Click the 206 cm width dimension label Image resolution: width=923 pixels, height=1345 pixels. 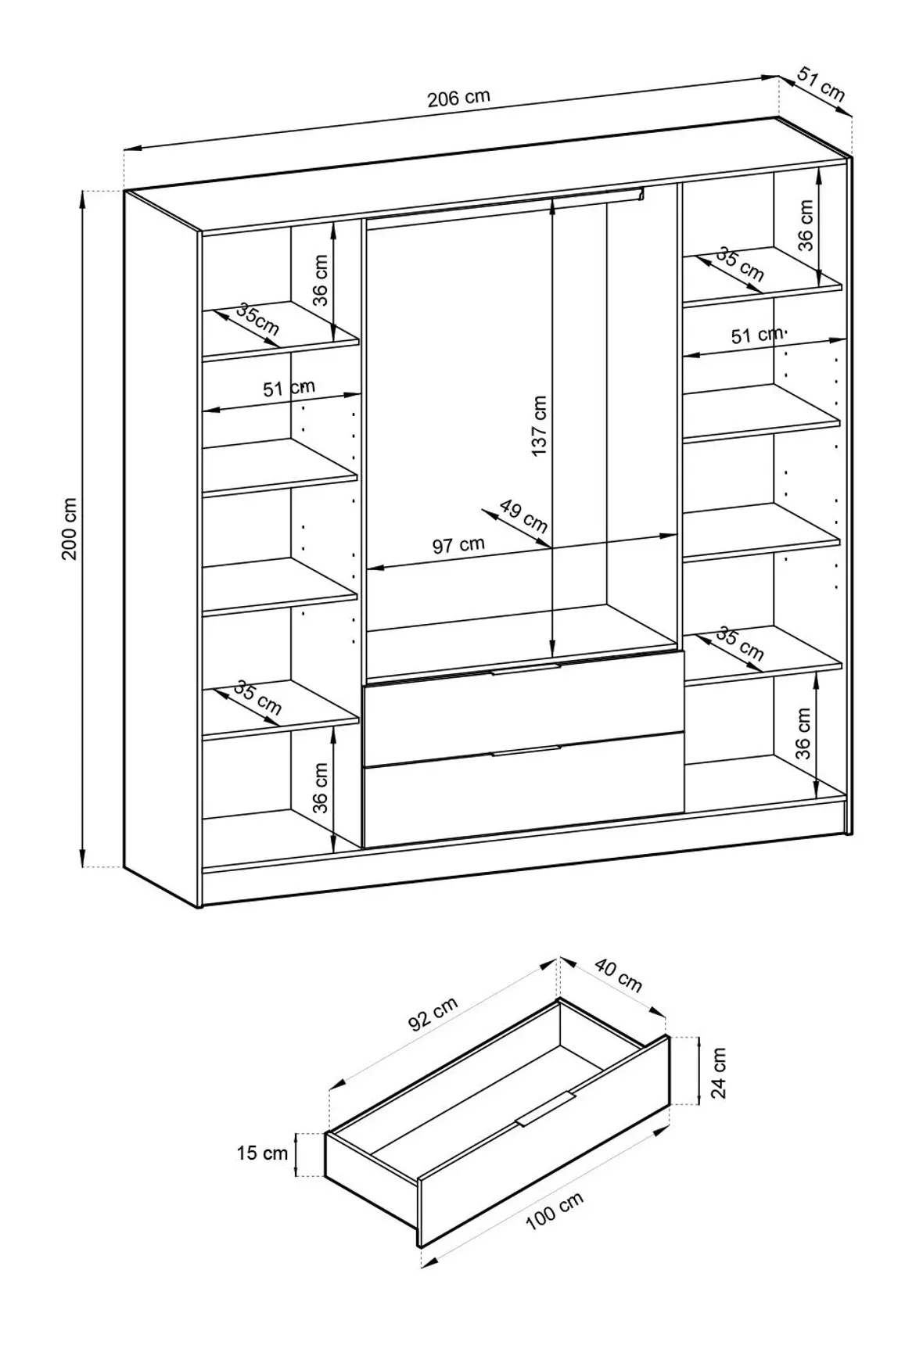pos(458,98)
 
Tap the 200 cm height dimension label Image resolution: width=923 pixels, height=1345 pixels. pos(70,529)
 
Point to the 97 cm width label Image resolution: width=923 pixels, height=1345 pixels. pos(458,545)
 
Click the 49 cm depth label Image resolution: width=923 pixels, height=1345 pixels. pos(523,515)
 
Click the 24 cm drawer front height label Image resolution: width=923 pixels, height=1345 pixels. pos(719,1072)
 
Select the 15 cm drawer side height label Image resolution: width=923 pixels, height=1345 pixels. pos(262,1153)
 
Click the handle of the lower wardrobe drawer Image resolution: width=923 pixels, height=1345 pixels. pos(526,751)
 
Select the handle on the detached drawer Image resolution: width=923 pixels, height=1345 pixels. pos(546,1109)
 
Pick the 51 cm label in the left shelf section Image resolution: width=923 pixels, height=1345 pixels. pos(289,388)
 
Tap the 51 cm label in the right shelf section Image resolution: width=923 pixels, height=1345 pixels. pos(756,335)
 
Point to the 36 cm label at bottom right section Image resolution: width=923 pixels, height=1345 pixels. pos(803,733)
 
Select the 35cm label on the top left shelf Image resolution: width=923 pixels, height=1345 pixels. pos(257,319)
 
